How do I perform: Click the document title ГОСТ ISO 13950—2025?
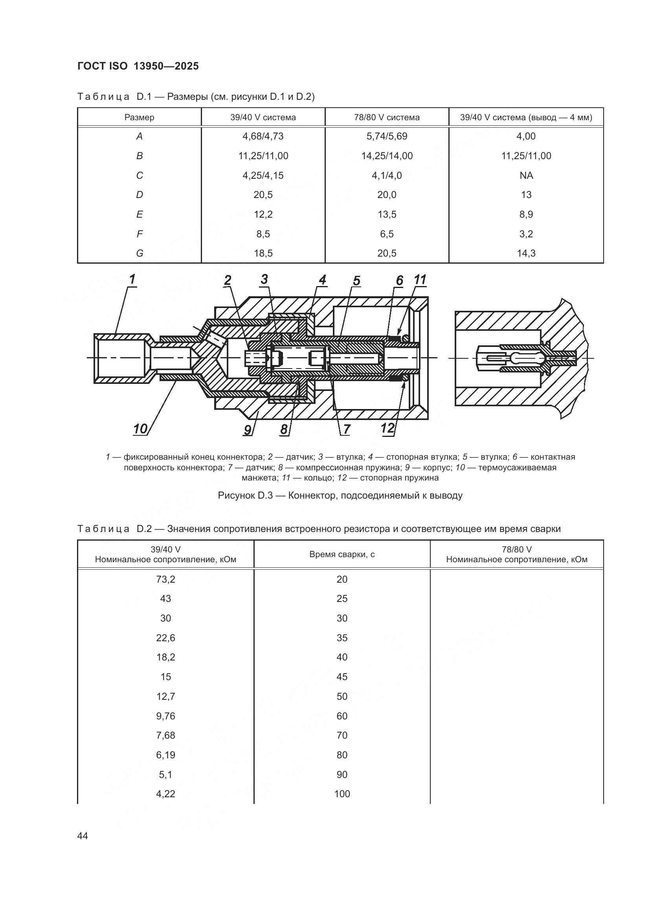point(138,66)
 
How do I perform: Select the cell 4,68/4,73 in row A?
point(263,136)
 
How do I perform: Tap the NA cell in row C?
point(526,175)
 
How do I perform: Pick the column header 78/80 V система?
point(387,117)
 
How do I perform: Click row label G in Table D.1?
point(139,253)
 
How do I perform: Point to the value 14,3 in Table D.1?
point(526,253)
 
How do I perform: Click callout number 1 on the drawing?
point(132,279)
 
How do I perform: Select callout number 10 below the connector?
point(140,429)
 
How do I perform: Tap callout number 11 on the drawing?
point(420,280)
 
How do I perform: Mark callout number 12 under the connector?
point(387,428)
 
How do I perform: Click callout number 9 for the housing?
point(248,430)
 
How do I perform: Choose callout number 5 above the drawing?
point(356,281)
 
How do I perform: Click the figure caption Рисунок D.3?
point(340,495)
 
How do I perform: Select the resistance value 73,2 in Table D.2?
point(165,579)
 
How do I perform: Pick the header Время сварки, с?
point(342,554)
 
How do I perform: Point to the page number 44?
point(83,836)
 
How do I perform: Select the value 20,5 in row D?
point(263,194)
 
